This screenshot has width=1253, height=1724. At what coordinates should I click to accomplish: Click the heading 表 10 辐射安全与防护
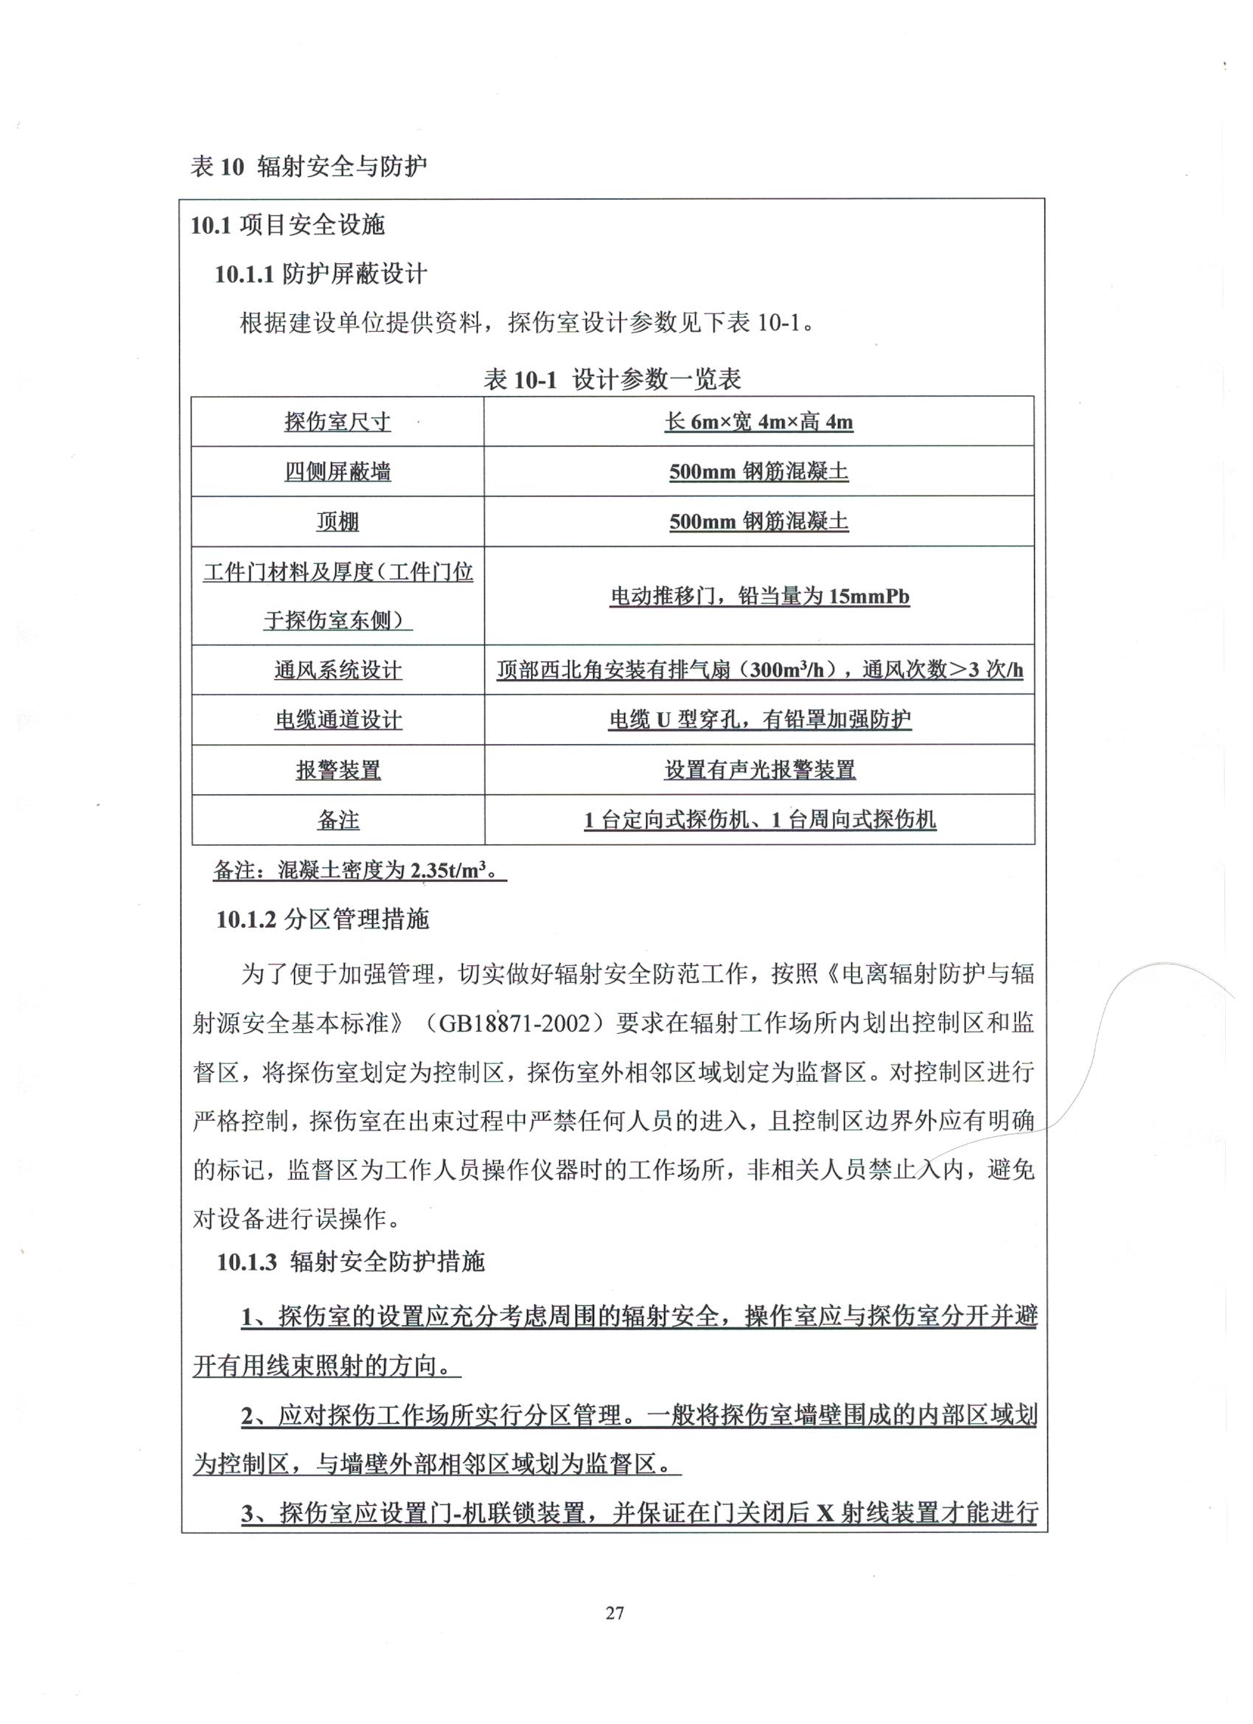click(309, 167)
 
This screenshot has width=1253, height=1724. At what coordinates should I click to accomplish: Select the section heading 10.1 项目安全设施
click(288, 225)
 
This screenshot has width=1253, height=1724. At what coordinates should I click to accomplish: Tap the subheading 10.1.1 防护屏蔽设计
click(321, 274)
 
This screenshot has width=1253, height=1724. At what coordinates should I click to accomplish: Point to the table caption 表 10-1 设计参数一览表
click(612, 379)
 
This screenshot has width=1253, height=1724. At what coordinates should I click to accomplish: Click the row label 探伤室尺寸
click(338, 422)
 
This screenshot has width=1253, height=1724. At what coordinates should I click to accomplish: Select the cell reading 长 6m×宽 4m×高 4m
click(758, 422)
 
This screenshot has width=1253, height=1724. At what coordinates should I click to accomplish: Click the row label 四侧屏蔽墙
click(338, 472)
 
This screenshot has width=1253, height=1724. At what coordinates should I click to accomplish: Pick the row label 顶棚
click(338, 522)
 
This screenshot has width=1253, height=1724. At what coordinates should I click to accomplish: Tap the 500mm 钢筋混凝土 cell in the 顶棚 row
click(758, 522)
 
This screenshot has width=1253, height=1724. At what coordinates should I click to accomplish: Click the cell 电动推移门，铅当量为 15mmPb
click(759, 597)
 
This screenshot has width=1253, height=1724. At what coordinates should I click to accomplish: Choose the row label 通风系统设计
click(338, 670)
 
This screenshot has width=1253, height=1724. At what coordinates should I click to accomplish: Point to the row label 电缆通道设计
click(338, 720)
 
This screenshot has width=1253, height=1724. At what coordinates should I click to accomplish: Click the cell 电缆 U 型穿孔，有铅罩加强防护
click(759, 720)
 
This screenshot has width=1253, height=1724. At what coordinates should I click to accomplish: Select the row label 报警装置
click(338, 770)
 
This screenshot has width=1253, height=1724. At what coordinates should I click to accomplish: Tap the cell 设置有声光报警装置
click(759, 770)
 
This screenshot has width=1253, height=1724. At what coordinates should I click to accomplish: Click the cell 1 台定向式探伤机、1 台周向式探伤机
click(759, 820)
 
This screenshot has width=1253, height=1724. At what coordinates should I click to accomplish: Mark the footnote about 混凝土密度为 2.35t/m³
click(360, 870)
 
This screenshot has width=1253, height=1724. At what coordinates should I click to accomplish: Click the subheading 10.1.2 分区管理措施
click(323, 920)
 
